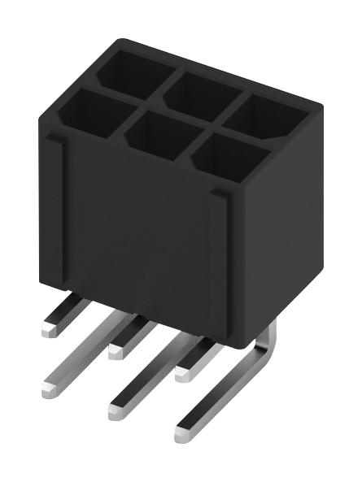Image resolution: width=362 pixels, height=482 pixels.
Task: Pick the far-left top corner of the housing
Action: pyautogui.click(x=41, y=114)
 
